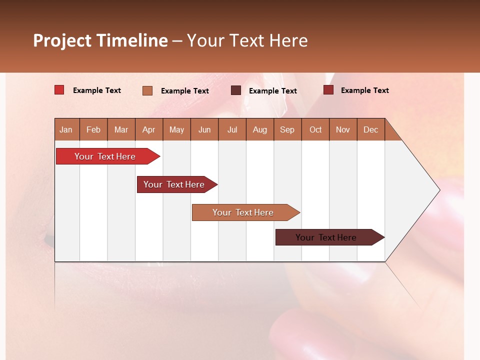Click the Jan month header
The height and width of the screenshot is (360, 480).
click(66, 129)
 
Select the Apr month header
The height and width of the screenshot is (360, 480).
click(149, 129)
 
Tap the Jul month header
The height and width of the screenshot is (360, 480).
click(232, 129)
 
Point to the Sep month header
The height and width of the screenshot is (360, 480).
click(287, 129)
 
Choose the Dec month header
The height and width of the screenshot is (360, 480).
click(370, 129)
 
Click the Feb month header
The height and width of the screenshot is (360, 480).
click(93, 129)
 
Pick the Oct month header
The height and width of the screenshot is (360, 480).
click(315, 129)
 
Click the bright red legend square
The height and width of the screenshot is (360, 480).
click(59, 90)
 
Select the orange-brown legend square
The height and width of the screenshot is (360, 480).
click(147, 90)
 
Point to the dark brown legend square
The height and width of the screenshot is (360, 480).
click(236, 90)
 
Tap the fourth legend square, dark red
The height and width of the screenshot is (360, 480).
click(328, 90)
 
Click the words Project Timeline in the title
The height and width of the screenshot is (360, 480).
click(100, 40)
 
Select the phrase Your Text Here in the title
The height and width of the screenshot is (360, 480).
click(247, 40)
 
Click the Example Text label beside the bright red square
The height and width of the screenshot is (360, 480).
click(97, 90)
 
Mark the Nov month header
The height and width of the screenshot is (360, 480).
click(343, 129)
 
